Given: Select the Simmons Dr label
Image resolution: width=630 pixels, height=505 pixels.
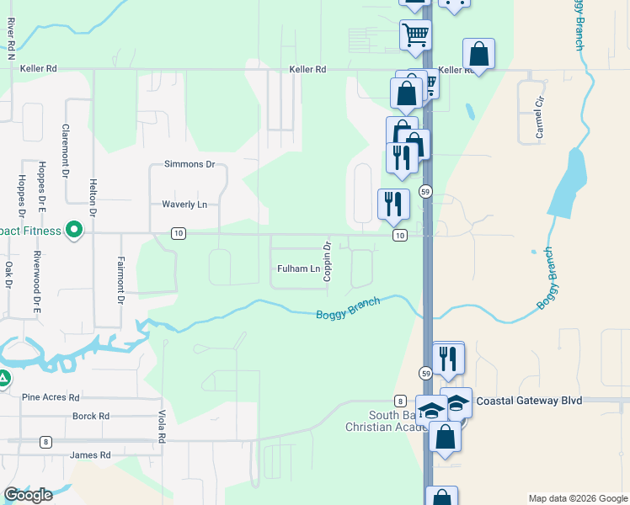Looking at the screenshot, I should click(x=190, y=164).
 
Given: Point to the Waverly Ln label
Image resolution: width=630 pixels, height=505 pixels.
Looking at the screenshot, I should click(x=184, y=205).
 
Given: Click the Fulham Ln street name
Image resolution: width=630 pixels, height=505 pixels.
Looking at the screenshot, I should click(x=299, y=269).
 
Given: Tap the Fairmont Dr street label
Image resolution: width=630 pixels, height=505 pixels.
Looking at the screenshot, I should click(x=120, y=280).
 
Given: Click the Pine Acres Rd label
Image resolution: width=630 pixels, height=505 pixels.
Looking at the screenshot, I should click(x=51, y=397).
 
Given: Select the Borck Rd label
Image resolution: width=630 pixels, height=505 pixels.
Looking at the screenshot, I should click(x=91, y=416).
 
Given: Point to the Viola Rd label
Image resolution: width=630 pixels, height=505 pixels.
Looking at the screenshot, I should click(x=161, y=427).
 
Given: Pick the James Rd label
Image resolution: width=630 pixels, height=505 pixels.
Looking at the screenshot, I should click(x=90, y=455).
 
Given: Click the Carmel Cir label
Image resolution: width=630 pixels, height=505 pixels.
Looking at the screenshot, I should click(x=539, y=117).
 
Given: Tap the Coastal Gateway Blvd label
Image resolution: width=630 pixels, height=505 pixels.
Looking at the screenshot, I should click(x=529, y=401).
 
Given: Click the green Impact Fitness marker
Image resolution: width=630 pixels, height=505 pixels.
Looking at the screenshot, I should click(x=74, y=228).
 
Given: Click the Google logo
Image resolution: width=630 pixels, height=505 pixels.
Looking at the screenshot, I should click(x=28, y=494).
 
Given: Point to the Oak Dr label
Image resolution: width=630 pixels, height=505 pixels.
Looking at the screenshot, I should click(x=8, y=277).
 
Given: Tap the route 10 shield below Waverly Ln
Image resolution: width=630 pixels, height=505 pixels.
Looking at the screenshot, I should click(x=178, y=233).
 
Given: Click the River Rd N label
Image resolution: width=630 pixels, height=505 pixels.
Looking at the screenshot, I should click(x=10, y=37).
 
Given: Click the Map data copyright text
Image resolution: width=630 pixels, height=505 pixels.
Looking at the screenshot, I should click(x=577, y=498).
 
